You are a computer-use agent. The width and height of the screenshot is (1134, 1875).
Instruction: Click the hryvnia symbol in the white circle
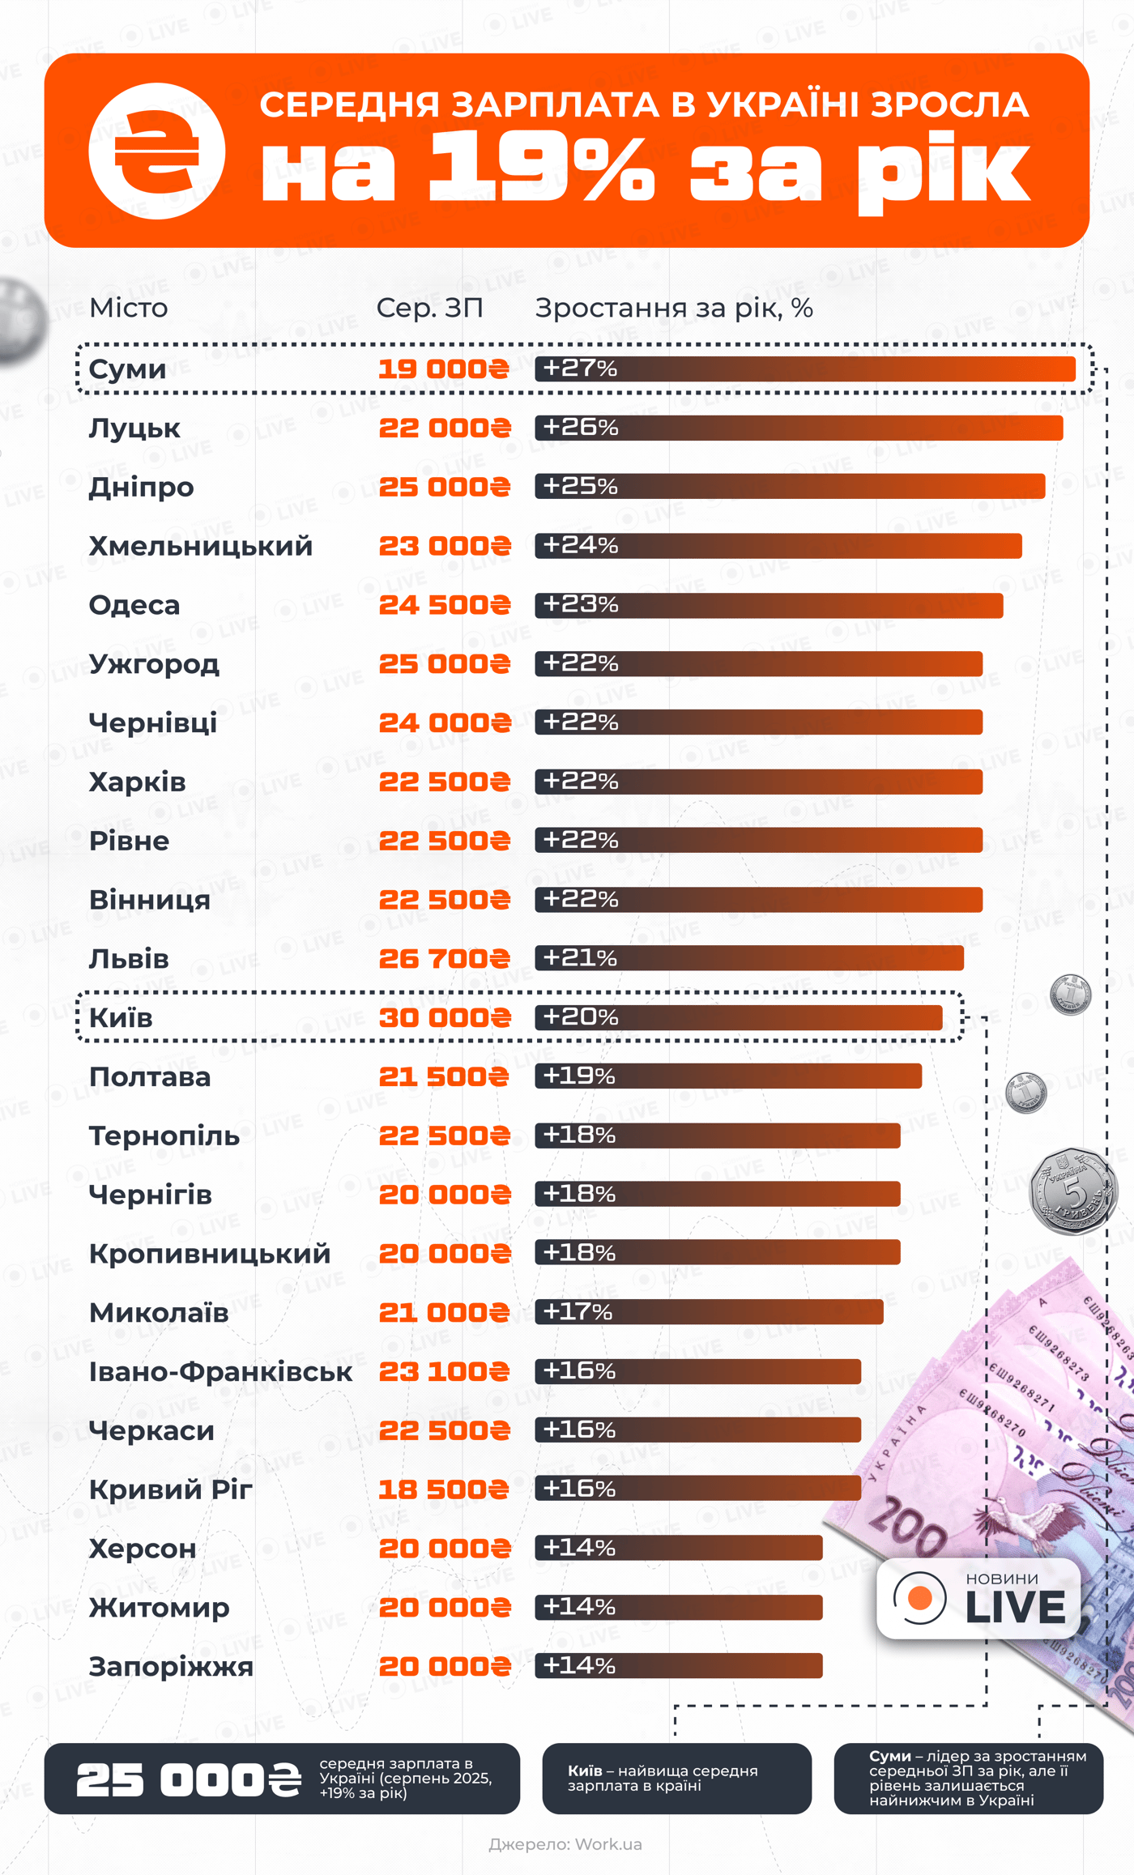point(156,151)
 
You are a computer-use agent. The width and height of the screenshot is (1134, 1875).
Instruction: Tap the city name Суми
point(127,369)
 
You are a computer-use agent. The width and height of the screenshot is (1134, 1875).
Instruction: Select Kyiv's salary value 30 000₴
point(445,1017)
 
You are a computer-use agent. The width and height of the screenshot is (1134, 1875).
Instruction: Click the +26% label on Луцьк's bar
point(580,427)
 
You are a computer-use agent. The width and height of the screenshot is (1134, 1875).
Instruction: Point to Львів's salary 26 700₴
point(445,959)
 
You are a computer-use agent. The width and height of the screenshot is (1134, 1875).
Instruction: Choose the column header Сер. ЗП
point(429,308)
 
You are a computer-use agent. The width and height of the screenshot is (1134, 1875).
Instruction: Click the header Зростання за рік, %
point(674,308)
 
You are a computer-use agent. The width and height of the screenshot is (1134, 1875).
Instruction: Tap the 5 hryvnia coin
point(1072,1191)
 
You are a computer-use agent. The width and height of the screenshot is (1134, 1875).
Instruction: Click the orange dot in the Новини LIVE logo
point(920,1598)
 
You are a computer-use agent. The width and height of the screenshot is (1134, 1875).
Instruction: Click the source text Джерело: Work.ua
point(565,1844)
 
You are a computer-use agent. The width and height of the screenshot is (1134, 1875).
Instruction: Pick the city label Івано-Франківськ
point(220,1372)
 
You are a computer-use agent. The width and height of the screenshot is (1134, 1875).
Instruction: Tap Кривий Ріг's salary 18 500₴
point(444,1489)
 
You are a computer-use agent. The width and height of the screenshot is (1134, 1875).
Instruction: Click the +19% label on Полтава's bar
point(578,1076)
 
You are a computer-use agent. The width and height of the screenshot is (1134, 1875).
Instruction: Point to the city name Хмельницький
point(200,546)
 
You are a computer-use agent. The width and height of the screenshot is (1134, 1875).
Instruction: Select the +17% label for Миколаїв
point(578,1311)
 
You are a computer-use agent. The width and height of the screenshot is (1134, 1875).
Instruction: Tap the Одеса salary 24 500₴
point(445,605)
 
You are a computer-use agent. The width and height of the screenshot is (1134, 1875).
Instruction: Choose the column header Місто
point(129,308)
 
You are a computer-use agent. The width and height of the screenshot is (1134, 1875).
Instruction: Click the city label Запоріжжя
point(171,1667)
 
